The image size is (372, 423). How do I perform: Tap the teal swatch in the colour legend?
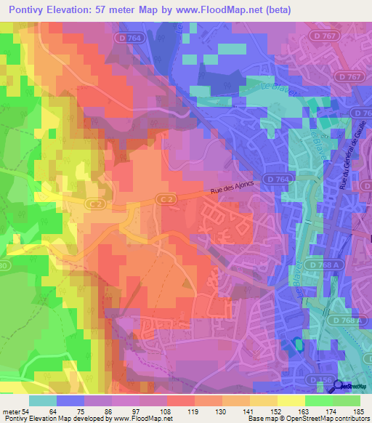[43, 400]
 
